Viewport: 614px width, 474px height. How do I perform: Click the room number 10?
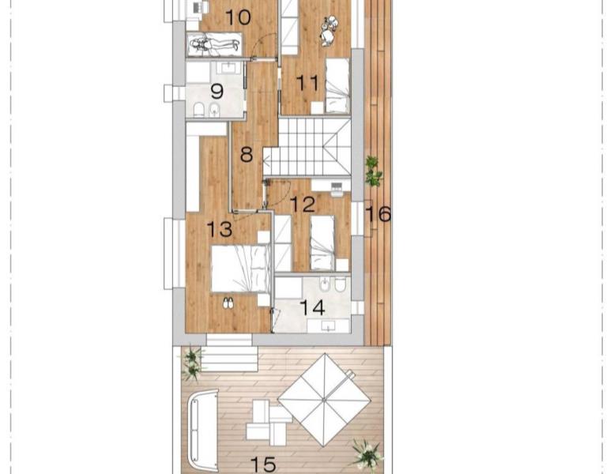coord(239,17)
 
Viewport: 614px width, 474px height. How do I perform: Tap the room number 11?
coord(307,83)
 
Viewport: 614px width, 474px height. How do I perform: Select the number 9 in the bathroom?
coord(217,91)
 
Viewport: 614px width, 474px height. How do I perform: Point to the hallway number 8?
coord(247,154)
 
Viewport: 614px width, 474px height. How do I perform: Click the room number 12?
coord(303,204)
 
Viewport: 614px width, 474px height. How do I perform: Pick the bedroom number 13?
coord(220,229)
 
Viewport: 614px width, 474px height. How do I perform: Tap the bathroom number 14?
coord(312,307)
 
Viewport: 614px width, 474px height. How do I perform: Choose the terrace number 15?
coord(263,465)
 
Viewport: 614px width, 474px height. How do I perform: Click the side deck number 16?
coord(378,214)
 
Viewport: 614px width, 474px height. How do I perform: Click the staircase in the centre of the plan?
coord(307,147)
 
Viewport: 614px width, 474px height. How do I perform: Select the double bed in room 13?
coord(240,269)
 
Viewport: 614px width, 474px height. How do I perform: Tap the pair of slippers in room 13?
coord(228,302)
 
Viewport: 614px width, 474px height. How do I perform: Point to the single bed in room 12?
coord(322,243)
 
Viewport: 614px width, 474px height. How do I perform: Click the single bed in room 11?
coord(337,85)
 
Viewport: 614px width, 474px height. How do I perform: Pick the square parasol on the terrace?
coord(324,400)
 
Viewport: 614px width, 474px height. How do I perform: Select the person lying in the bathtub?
coord(215,44)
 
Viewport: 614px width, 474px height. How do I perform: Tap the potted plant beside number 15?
coord(367,454)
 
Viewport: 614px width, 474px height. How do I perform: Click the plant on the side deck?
coord(373,171)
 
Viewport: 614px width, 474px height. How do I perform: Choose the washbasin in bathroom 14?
coord(328,325)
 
